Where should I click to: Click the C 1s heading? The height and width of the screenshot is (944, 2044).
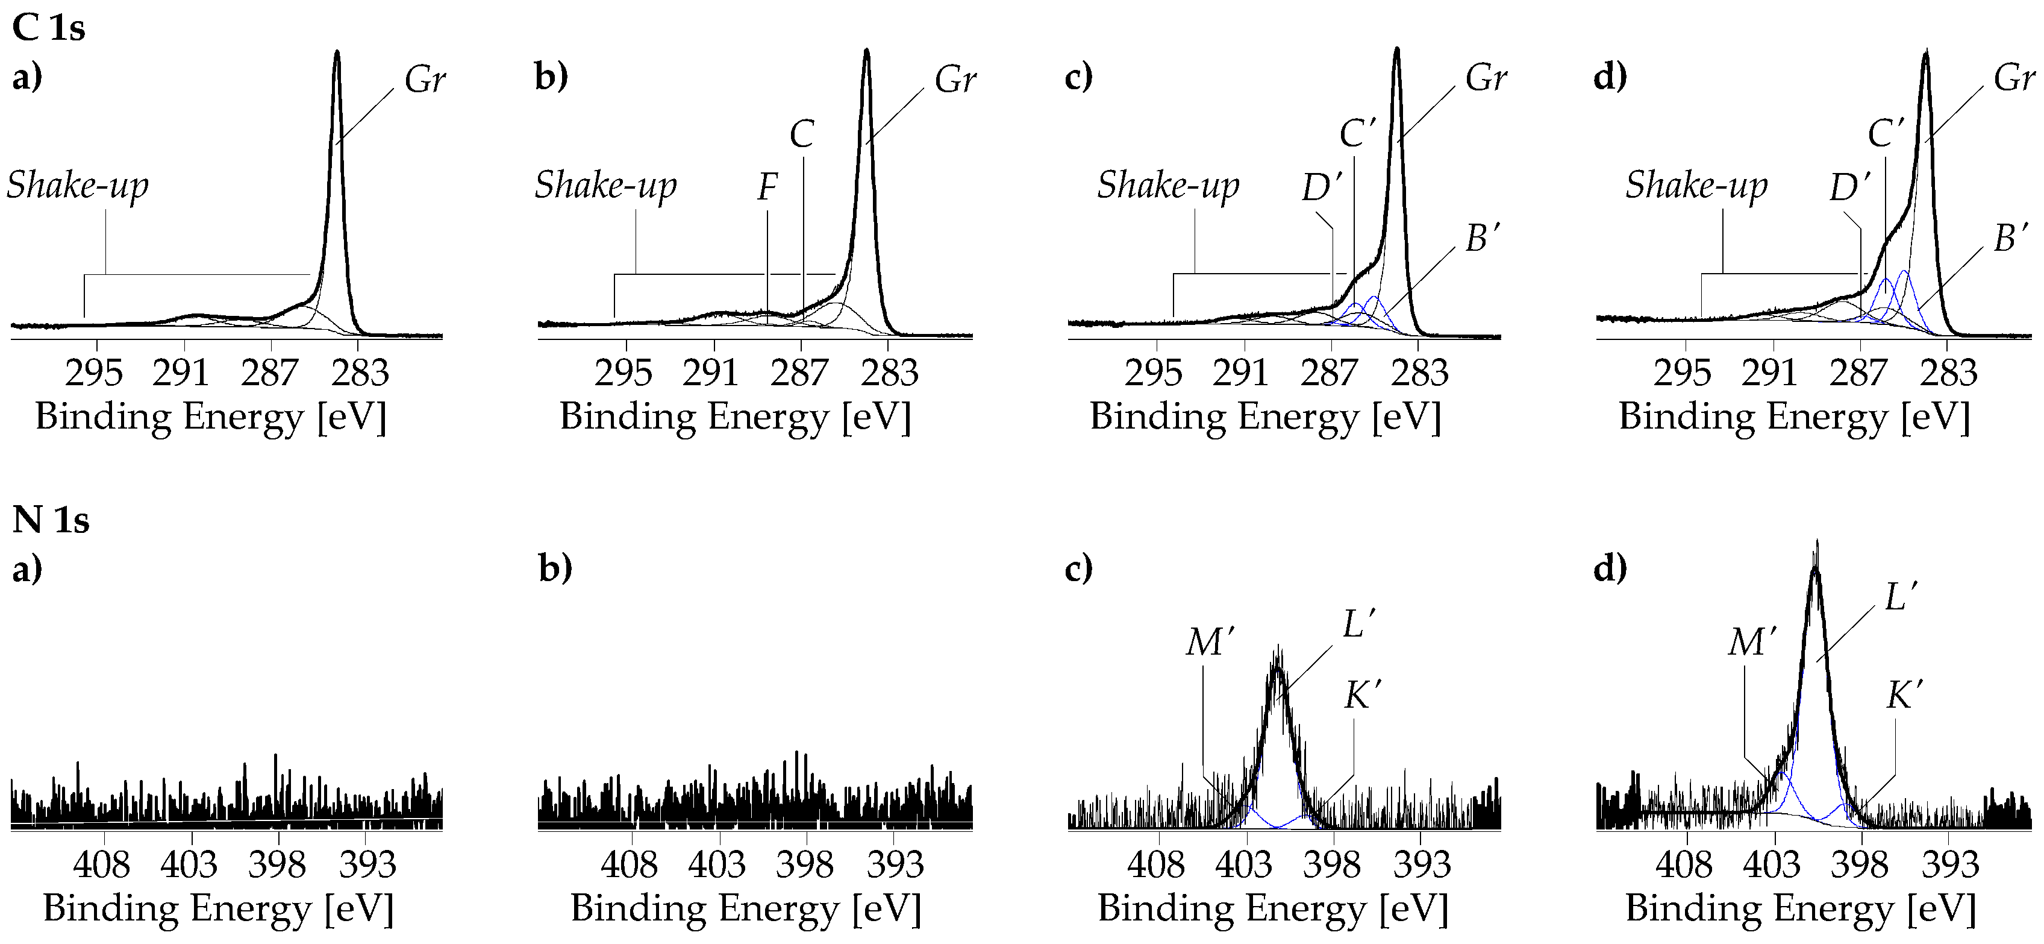point(48,28)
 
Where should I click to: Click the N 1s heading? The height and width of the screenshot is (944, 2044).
point(51,520)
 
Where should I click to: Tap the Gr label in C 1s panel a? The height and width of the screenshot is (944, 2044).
point(425,80)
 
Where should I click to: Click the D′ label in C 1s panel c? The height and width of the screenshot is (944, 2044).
point(1321,187)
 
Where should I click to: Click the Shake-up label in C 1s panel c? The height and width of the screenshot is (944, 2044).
point(1167,186)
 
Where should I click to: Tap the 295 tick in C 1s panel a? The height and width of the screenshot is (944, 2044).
point(95,373)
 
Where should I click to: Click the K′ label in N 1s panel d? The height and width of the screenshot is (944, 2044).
point(1904,696)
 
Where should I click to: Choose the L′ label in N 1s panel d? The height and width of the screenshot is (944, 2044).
point(1901,597)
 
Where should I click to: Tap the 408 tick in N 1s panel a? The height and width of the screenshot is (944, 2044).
point(102,864)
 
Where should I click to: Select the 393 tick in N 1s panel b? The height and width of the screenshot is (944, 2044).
point(895,864)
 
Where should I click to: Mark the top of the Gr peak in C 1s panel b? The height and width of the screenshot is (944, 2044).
point(866,51)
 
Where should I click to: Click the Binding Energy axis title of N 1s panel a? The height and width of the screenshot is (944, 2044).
point(218,908)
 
